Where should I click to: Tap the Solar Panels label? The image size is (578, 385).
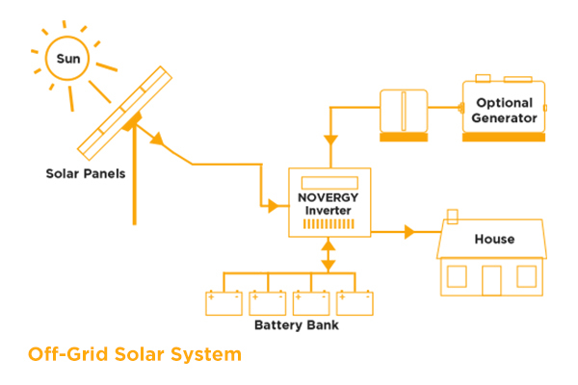(86, 173)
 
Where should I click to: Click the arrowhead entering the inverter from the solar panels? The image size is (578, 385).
(274, 206)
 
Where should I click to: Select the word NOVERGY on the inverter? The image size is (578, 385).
(328, 197)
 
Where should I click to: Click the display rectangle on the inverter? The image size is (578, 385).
(329, 183)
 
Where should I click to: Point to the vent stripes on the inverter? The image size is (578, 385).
(328, 224)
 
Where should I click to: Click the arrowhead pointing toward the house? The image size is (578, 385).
(409, 232)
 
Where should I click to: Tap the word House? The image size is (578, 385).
(494, 239)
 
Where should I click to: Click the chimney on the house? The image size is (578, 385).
(453, 217)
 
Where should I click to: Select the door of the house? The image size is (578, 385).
(491, 280)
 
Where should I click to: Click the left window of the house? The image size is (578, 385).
(457, 276)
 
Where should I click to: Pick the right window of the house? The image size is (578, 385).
(526, 276)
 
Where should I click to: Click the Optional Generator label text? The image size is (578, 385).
(504, 110)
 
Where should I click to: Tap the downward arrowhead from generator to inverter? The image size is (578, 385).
(330, 141)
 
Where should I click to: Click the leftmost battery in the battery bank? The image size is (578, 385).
(223, 303)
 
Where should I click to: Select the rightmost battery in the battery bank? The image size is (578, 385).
(355, 303)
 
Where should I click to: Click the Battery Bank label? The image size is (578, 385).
(297, 325)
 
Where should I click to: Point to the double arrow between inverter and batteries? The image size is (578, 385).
(328, 255)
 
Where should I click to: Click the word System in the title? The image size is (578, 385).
(206, 354)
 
